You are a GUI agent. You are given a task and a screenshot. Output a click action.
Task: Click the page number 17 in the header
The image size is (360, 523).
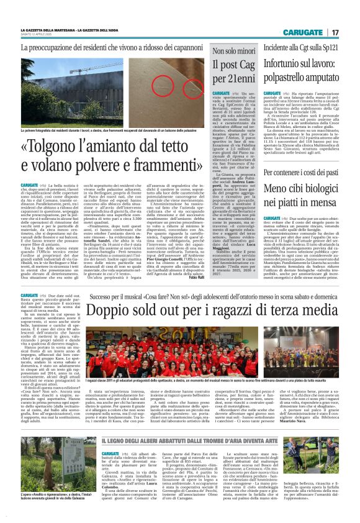pos(335,32)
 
